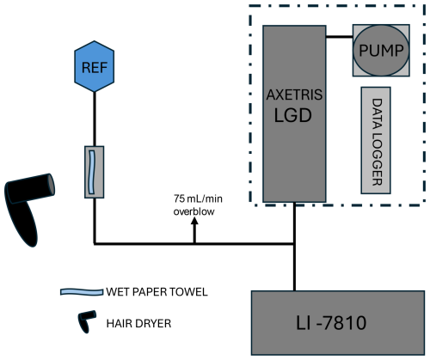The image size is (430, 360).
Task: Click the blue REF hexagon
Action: [x=95, y=66]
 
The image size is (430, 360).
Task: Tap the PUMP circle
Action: [x=381, y=51]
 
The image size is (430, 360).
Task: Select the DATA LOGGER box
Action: [x=376, y=140]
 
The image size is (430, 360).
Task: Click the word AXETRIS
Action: [x=294, y=95]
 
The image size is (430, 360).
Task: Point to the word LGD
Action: [x=292, y=115]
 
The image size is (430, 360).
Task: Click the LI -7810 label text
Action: [x=331, y=323]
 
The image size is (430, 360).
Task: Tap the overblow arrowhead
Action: [x=194, y=221]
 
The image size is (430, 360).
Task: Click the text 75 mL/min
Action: [x=198, y=198]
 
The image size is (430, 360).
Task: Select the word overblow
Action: [x=193, y=211]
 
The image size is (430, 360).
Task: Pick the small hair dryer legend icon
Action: [x=87, y=320]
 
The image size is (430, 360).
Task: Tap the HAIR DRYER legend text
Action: [x=138, y=324]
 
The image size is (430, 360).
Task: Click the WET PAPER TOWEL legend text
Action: [x=157, y=292]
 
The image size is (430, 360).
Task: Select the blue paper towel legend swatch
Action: [x=82, y=292]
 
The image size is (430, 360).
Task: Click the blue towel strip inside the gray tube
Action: [x=92, y=172]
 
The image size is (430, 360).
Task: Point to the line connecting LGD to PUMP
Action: [x=340, y=37]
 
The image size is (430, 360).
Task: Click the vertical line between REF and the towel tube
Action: [x=95, y=119]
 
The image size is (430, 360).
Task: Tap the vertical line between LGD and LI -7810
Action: [x=294, y=247]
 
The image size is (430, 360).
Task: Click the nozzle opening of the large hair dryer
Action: [x=51, y=185]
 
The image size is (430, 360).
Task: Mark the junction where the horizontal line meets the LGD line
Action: [x=294, y=244]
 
